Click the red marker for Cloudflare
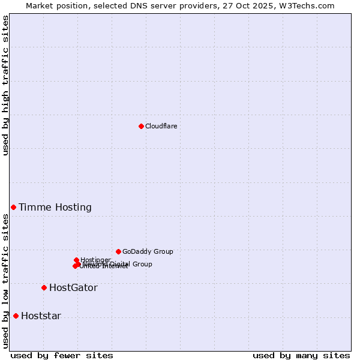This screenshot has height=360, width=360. tap(141, 126)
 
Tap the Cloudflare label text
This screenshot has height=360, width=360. tap(161, 126)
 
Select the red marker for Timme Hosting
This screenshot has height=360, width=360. tap(13, 207)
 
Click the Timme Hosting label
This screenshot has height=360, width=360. tap(55, 208)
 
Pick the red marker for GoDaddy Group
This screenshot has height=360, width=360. tap(118, 251)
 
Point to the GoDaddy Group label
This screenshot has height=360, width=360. tap(148, 251)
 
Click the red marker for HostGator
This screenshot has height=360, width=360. tap(44, 287)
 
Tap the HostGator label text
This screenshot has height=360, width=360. tap(73, 288)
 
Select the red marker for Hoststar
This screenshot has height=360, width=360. tap(16, 316)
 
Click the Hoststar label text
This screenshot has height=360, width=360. tap(41, 316)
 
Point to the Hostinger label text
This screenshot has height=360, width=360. tap(95, 260)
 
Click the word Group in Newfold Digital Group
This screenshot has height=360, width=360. tap(142, 264)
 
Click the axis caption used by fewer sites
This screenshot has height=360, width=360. tap(62, 356)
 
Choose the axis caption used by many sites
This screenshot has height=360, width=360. tap(301, 356)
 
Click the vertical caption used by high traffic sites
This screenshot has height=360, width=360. tap(5, 85)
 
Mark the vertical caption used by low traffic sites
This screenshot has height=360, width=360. tap(5, 281)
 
